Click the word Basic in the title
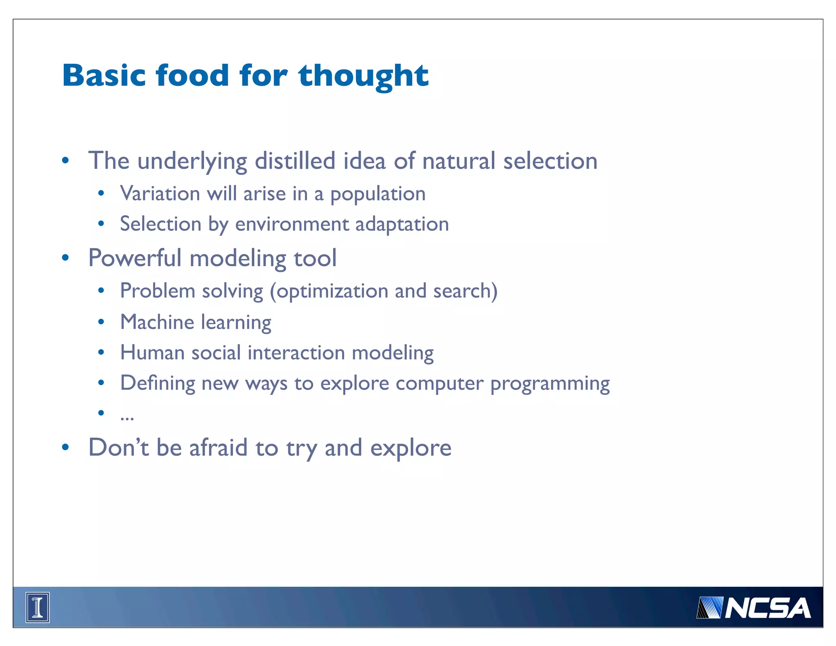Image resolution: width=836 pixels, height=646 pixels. coord(104,76)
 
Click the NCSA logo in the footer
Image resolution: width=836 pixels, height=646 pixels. coord(754,608)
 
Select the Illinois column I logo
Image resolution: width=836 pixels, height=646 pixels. coord(38,608)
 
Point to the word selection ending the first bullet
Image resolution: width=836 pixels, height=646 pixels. coord(550,161)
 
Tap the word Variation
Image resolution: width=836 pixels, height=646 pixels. coord(160,194)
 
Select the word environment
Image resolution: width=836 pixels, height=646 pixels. coord(292,224)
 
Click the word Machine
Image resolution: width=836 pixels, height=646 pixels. coord(157,322)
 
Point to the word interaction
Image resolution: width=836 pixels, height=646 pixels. coord(296,353)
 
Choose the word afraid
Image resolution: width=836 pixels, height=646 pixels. coord(218,448)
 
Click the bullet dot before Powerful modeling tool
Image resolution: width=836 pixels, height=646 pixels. coord(65,258)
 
